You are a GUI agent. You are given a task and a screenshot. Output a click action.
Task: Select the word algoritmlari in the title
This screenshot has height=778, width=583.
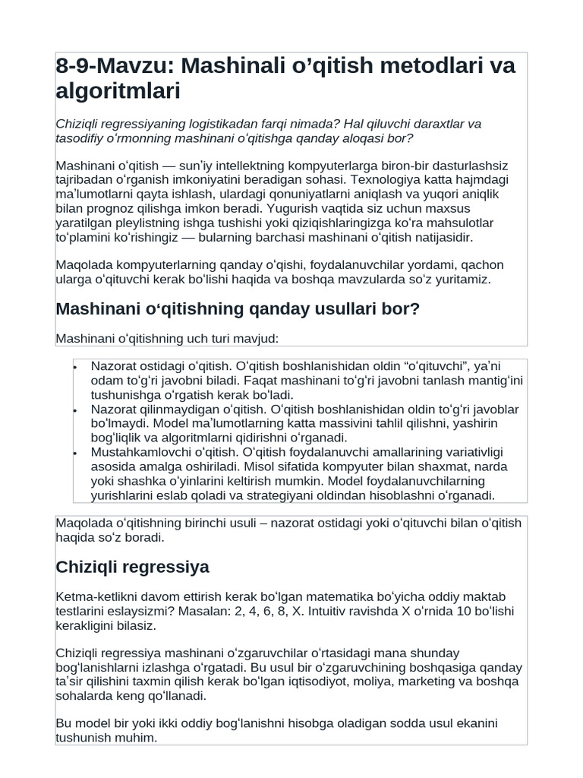118,92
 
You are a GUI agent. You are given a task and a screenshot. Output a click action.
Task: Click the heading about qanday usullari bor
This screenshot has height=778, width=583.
238,309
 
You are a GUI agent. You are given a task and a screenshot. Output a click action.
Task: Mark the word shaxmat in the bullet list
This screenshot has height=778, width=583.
408,467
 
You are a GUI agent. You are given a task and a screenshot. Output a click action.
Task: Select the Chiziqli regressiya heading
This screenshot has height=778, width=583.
133,567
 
